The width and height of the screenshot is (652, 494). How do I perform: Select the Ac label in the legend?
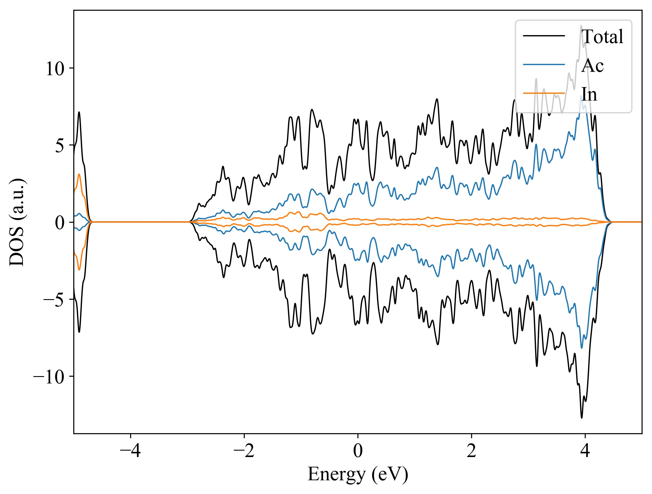(x=592, y=65)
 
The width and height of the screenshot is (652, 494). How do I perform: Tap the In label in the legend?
(x=589, y=94)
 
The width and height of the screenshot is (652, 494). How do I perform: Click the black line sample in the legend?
(x=544, y=36)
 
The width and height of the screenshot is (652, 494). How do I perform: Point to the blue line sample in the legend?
(x=544, y=64)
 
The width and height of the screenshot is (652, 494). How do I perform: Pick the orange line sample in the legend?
(x=544, y=93)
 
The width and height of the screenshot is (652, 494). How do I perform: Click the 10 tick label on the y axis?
(x=55, y=68)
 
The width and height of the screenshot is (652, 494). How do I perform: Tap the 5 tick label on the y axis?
(x=60, y=146)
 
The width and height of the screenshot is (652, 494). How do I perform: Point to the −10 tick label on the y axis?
(x=49, y=377)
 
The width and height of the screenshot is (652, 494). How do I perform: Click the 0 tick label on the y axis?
(x=60, y=223)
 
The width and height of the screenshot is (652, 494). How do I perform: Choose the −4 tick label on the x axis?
(x=130, y=451)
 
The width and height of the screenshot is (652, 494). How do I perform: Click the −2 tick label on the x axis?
(x=244, y=451)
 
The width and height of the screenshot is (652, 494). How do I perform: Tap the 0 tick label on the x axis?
(x=358, y=451)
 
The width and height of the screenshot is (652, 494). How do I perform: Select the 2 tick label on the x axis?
(x=471, y=451)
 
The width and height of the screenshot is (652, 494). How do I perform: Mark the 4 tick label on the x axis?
(x=585, y=451)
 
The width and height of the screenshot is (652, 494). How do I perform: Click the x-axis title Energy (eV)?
(x=358, y=474)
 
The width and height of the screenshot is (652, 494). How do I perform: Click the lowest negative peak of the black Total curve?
(x=581, y=418)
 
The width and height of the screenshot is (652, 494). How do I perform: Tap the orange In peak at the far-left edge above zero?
(x=79, y=174)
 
